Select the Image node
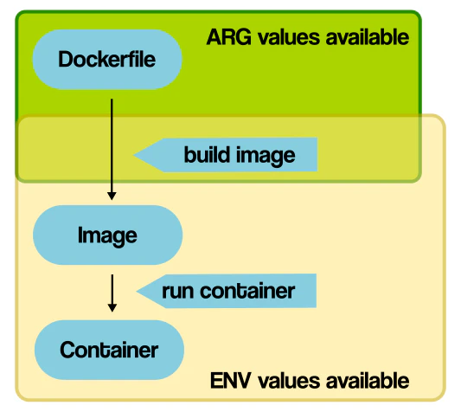[107, 235]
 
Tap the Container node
[109, 350]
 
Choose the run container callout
[229, 291]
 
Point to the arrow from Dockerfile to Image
[112, 147]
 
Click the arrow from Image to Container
[112, 293]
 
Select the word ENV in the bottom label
[229, 381]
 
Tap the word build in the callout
[206, 155]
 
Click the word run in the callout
[178, 291]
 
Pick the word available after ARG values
[363, 37]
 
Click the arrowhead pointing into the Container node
[112, 307]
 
